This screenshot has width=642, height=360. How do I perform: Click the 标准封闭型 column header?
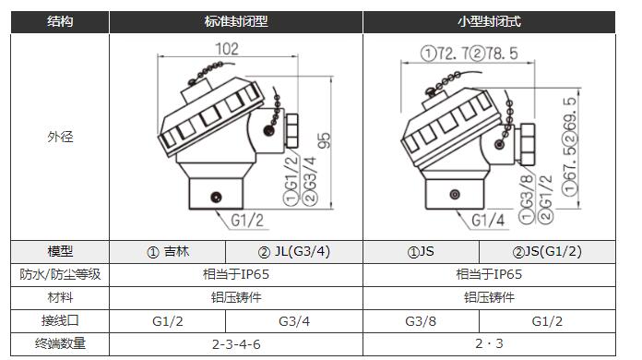(x=236, y=21)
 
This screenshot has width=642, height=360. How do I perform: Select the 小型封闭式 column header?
(x=489, y=21)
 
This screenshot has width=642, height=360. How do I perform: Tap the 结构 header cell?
(x=60, y=21)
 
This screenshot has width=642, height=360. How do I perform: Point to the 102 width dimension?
(x=227, y=49)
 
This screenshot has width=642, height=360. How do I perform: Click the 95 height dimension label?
(x=324, y=140)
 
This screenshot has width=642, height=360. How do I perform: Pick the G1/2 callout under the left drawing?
(x=247, y=220)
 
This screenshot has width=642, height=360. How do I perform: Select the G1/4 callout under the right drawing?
(x=488, y=220)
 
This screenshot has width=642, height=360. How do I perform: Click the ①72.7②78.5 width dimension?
(x=469, y=54)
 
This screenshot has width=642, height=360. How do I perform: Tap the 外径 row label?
(x=60, y=137)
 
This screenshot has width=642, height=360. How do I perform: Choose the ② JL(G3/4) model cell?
(x=294, y=251)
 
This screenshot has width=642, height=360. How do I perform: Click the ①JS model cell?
(x=421, y=251)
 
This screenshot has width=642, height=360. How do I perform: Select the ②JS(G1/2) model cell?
(x=547, y=251)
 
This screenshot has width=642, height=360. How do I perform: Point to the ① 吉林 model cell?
(x=168, y=251)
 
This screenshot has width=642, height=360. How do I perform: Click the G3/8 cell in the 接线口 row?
(x=421, y=321)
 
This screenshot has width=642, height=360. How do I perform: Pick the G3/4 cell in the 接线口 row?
(x=294, y=321)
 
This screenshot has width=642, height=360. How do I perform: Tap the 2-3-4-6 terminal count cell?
(x=236, y=344)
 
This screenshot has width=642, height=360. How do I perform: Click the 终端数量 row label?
(x=60, y=343)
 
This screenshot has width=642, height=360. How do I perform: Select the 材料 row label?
(x=60, y=297)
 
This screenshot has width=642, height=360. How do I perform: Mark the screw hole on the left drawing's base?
(x=216, y=198)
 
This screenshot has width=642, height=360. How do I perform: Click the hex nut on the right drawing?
(x=527, y=144)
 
